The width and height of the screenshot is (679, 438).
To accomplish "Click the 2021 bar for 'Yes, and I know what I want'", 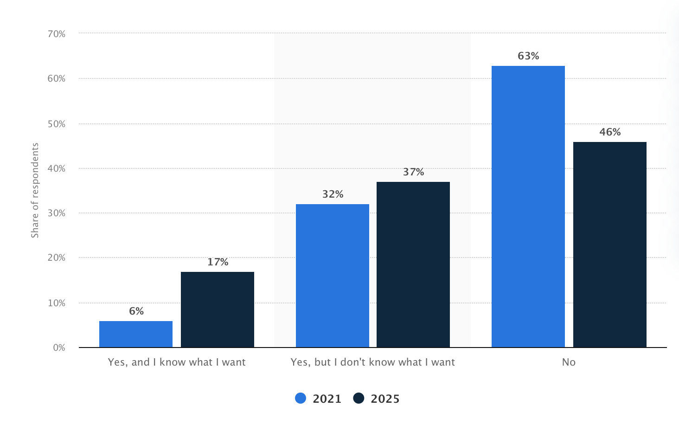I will (136, 334).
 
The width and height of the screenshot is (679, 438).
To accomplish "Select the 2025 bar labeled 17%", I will (218, 309).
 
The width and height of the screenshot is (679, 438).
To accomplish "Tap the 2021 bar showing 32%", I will (333, 276).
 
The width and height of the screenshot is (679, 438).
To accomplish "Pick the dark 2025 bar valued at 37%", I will (413, 264).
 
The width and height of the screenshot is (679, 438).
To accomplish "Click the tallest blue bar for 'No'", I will (528, 206).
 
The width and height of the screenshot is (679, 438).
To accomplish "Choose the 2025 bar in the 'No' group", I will (610, 245).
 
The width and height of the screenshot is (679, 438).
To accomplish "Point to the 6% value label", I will (136, 311).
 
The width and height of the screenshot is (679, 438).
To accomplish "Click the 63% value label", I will (528, 56).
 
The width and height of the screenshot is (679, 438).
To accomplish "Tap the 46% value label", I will (610, 132).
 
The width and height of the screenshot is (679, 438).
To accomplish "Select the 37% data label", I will (413, 172).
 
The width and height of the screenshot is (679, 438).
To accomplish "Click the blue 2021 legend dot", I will (301, 399).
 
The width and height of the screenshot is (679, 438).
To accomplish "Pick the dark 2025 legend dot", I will (359, 399).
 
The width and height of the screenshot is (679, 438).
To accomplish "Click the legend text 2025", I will (385, 399).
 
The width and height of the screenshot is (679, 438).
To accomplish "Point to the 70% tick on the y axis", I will (56, 34).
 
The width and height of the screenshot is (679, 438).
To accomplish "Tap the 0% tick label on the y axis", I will (59, 348).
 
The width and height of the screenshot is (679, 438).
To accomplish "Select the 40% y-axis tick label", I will (56, 168).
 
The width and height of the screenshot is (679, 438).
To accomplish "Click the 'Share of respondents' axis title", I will (35, 190).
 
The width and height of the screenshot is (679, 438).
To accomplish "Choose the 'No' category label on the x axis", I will (569, 362).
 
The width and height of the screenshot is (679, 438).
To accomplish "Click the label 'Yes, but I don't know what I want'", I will (372, 362).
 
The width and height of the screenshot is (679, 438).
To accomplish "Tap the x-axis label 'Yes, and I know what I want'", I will (177, 362).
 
